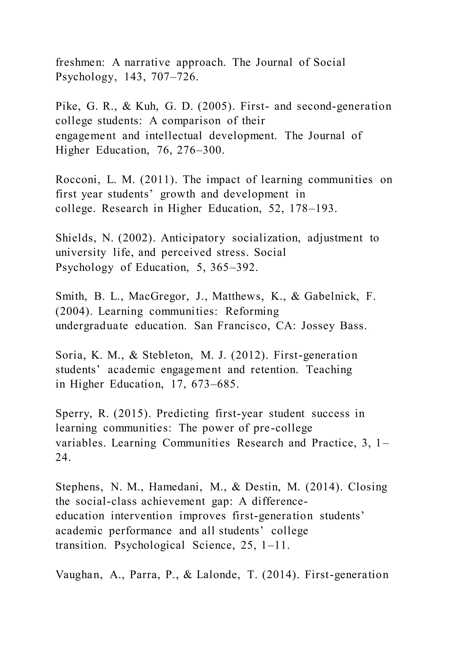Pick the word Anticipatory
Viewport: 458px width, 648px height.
pos(193,238)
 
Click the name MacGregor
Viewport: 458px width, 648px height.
pos(159,296)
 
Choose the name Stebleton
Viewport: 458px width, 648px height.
pos(168,355)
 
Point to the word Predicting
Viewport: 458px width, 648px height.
pos(182,414)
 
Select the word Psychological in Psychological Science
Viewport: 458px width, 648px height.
pos(149,545)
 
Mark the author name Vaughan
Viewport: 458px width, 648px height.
pos(79,575)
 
